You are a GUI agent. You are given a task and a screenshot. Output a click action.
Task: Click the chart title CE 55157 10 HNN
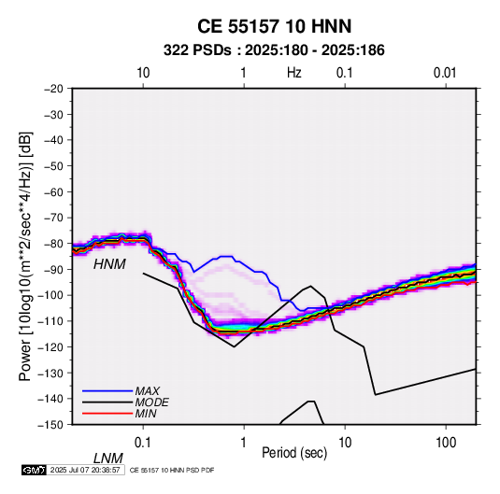[x=274, y=26]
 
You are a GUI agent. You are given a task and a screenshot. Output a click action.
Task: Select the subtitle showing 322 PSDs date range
[x=274, y=50]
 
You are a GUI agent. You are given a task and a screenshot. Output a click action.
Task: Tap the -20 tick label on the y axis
[x=53, y=89]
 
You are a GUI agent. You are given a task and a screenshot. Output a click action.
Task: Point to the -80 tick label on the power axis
[x=53, y=244]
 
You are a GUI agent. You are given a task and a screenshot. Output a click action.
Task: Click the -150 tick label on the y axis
[x=50, y=425]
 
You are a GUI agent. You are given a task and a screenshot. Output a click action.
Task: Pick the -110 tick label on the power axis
[x=50, y=321]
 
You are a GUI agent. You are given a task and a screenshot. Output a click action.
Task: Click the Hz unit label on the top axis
[x=294, y=73]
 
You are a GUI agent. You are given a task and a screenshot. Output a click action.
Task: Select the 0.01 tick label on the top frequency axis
[x=445, y=73]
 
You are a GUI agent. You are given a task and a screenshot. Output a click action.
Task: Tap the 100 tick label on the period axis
[x=446, y=443]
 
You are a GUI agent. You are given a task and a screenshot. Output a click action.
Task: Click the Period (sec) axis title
[x=294, y=453]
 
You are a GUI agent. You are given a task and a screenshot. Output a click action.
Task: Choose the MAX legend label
[x=147, y=391]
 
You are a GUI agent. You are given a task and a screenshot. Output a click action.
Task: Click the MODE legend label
[x=151, y=402]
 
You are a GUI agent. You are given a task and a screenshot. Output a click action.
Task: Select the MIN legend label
[x=146, y=414]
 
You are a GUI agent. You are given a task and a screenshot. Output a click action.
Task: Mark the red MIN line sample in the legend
[x=107, y=414]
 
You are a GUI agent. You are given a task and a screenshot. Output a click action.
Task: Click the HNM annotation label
[x=109, y=264]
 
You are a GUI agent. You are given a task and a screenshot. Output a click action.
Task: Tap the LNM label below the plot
[x=107, y=459]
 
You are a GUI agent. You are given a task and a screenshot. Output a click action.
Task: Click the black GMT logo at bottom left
[x=34, y=470]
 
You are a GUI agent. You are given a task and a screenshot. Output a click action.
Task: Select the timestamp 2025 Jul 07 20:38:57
[x=85, y=470]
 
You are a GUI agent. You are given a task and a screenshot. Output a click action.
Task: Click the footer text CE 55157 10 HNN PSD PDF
[x=172, y=470]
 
